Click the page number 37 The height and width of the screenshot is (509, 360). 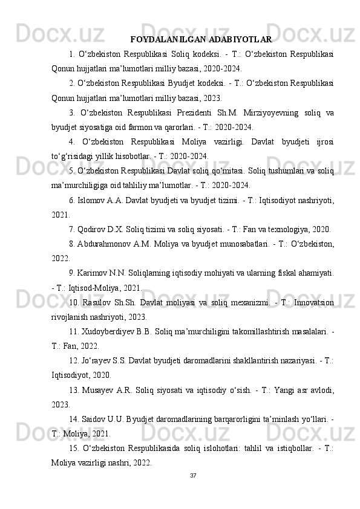click(192, 491)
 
